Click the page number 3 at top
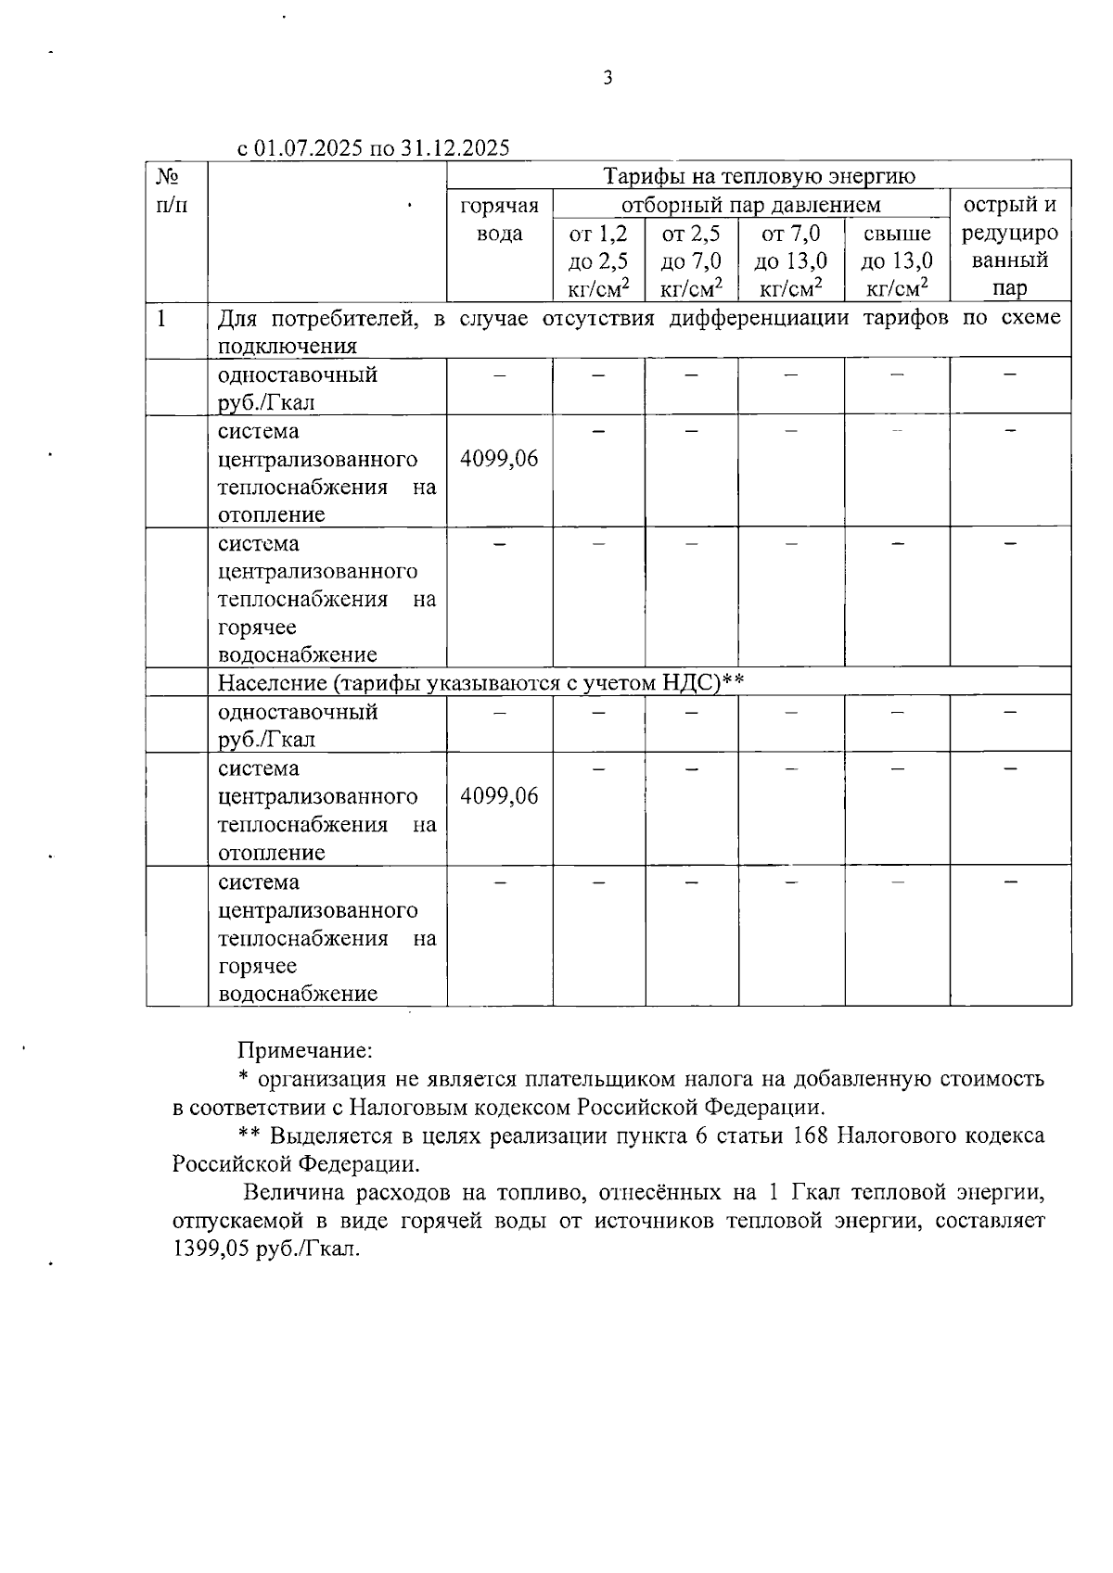click(608, 79)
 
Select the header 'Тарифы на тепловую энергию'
click(759, 176)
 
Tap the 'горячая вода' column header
click(499, 219)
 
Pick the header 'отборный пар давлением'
click(750, 204)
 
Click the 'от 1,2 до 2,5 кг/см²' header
click(598, 260)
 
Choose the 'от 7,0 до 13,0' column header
click(791, 260)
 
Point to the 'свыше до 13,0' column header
click(897, 260)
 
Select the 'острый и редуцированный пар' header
click(1010, 246)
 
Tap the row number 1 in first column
click(162, 319)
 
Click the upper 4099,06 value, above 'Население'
click(499, 459)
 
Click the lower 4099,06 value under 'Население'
click(499, 796)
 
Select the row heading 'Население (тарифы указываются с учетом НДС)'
click(481, 683)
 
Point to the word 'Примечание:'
click(305, 1050)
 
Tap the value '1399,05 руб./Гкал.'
click(265, 1249)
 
